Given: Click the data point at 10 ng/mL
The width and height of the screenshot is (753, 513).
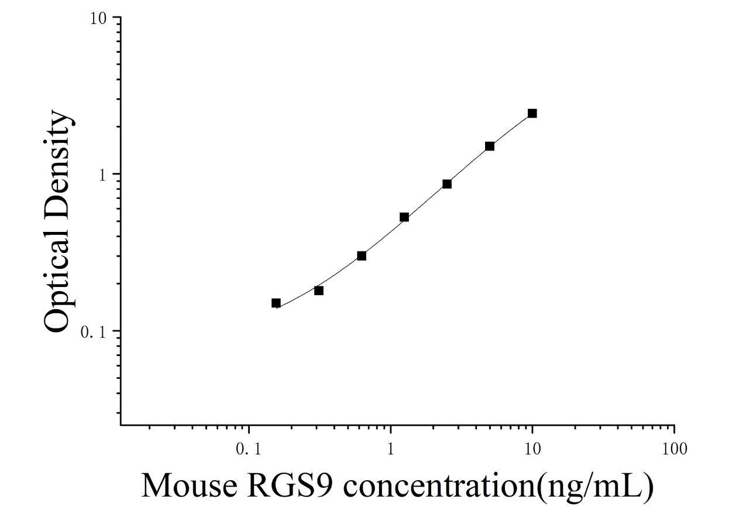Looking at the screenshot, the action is (532, 114).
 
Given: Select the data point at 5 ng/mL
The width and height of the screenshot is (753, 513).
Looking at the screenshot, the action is (490, 146).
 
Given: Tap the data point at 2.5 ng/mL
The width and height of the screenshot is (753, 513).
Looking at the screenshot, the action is (447, 184).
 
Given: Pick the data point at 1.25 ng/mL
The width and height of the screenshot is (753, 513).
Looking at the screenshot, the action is (404, 217).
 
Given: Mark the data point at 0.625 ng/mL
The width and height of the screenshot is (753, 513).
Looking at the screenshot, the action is (362, 256).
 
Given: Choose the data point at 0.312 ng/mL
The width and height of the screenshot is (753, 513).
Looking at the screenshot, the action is (319, 290).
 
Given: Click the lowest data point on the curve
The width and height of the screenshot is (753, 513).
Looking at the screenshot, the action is (276, 303).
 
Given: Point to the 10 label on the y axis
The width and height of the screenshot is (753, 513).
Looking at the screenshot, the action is (98, 19).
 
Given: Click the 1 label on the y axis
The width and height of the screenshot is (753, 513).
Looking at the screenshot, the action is (102, 175).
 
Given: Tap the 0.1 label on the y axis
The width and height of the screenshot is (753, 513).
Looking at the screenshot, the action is (94, 332).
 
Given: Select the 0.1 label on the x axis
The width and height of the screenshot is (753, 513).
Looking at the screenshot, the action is (249, 449).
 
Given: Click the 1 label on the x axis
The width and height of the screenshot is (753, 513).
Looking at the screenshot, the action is (390, 449).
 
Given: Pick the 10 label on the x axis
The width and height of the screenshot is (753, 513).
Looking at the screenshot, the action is (532, 449).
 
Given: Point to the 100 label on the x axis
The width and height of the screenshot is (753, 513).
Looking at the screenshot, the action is (675, 449).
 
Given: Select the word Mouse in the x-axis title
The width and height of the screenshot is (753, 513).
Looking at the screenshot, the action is (190, 485).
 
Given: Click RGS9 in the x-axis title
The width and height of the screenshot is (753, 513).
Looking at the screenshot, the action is (290, 485).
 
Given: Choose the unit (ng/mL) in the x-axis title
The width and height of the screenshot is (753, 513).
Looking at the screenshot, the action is (595, 487).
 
